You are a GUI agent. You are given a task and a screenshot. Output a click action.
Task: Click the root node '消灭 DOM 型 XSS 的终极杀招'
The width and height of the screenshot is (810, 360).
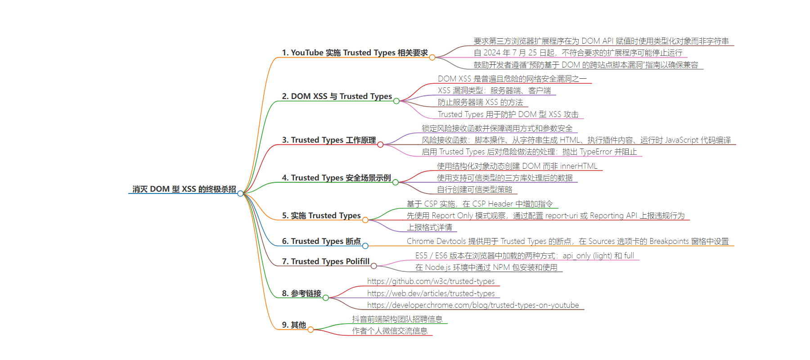[x=184, y=189]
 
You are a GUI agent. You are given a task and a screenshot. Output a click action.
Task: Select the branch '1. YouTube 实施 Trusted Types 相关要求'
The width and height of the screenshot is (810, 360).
[x=355, y=53]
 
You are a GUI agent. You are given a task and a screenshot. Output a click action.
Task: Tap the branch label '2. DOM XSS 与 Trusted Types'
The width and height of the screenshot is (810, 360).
[x=337, y=96]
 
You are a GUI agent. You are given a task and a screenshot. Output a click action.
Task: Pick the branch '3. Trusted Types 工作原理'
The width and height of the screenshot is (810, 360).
[x=329, y=140]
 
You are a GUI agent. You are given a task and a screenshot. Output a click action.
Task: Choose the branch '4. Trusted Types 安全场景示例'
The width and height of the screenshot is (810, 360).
[x=337, y=178]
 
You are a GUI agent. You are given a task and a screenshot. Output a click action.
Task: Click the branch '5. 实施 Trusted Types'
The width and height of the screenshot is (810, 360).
[x=321, y=216]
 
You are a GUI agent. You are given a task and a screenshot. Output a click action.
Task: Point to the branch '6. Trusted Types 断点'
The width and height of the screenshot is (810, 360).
[x=321, y=241]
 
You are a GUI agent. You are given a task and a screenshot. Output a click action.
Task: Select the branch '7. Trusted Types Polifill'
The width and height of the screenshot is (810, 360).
[x=326, y=261]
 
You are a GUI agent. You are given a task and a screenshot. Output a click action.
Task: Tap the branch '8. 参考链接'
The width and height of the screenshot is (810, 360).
[x=301, y=293]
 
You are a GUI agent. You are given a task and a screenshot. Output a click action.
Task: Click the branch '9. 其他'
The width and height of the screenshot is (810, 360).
[x=294, y=325]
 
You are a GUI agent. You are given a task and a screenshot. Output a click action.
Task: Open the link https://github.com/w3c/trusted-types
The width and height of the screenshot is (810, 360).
[x=431, y=281]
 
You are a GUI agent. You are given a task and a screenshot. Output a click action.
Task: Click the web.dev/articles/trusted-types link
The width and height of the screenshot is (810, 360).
[x=431, y=293]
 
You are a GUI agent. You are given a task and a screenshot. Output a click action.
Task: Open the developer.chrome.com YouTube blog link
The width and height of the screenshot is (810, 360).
[x=473, y=305]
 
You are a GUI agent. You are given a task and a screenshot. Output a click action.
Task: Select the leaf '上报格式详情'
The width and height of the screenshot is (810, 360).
[x=429, y=228]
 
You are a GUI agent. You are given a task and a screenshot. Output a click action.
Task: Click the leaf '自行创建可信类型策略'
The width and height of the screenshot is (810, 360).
[x=475, y=190]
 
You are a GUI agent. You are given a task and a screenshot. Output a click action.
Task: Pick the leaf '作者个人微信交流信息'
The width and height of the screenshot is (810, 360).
[x=390, y=331]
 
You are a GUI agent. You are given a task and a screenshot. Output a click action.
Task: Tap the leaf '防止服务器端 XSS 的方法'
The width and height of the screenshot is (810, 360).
[x=480, y=103]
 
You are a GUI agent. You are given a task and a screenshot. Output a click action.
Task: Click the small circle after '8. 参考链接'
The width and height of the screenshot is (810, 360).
[x=326, y=297]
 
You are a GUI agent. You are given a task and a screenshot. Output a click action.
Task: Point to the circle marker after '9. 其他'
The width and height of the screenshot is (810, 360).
[x=310, y=329]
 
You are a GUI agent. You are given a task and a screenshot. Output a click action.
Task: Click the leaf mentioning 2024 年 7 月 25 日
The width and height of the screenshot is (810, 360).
[x=578, y=53]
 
